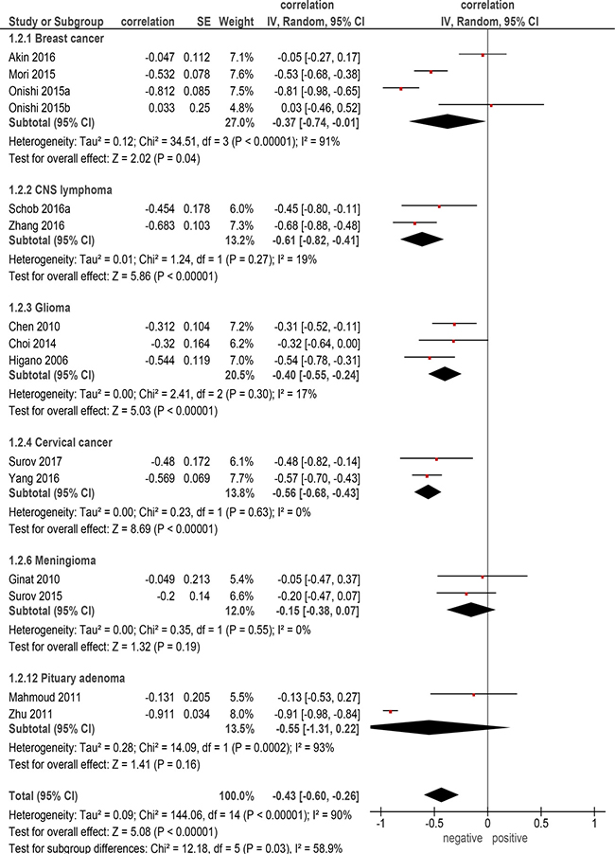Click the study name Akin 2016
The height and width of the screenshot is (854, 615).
[x=31, y=57]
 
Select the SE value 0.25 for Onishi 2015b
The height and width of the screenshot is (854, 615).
[x=200, y=108]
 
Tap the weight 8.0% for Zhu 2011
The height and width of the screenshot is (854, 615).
[x=241, y=714]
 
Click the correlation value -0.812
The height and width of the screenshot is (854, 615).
[x=160, y=91]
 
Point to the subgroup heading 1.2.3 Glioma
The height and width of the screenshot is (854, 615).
[x=39, y=308]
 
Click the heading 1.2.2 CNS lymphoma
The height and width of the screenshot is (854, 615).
[x=61, y=190]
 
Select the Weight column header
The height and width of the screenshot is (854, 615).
[x=237, y=22]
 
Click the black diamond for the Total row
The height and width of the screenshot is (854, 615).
[x=441, y=795]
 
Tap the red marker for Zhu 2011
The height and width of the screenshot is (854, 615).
[x=390, y=712]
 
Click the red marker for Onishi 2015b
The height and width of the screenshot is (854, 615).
[x=491, y=105]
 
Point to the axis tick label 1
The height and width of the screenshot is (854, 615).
[x=594, y=823]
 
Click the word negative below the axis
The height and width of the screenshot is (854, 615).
[x=463, y=838]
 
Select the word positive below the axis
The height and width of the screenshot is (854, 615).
[x=510, y=838]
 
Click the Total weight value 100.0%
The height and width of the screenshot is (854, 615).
[x=237, y=795]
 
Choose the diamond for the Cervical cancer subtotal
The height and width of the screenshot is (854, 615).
[x=428, y=491]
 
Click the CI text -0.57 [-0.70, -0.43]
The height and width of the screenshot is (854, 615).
[x=316, y=478]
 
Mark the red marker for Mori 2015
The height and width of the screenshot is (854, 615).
[x=430, y=72]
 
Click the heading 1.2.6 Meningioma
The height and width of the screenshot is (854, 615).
[x=52, y=560]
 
